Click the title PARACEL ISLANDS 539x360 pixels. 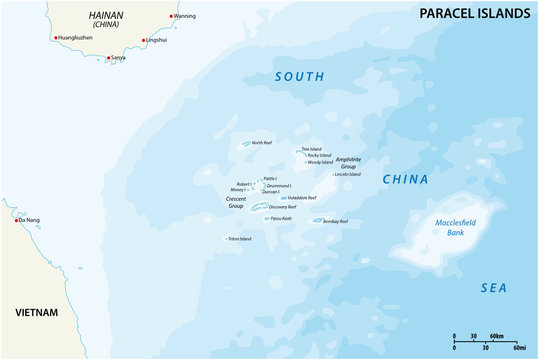coord(466,12)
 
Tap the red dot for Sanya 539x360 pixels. coord(108,58)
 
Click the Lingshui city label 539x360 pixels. coord(156,40)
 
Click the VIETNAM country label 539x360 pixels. coord(36,313)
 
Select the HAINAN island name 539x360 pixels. coord(106,15)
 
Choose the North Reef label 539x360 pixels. coord(262,142)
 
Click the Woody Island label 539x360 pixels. coord(320,162)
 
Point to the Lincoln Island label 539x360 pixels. coord(347,175)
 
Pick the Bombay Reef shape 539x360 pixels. coord(317,221)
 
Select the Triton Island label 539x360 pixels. coord(240,239)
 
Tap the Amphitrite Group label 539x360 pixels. coord(349,162)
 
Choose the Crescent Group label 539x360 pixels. coord(236,203)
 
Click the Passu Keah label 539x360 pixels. coord(281,218)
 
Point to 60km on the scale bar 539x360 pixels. coord(496,336)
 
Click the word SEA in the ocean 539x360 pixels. coord(494,287)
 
